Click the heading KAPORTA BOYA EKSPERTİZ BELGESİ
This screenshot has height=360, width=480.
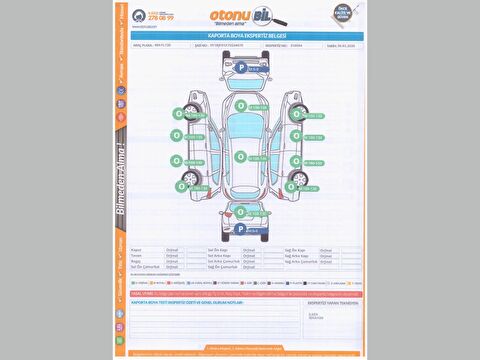point(240,35)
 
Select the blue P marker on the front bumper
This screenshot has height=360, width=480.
point(241,66)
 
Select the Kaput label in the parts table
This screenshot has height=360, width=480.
point(137,249)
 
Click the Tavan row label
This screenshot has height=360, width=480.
point(137,255)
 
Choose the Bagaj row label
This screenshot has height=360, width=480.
point(137,261)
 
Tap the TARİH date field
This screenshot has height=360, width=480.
point(320,45)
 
